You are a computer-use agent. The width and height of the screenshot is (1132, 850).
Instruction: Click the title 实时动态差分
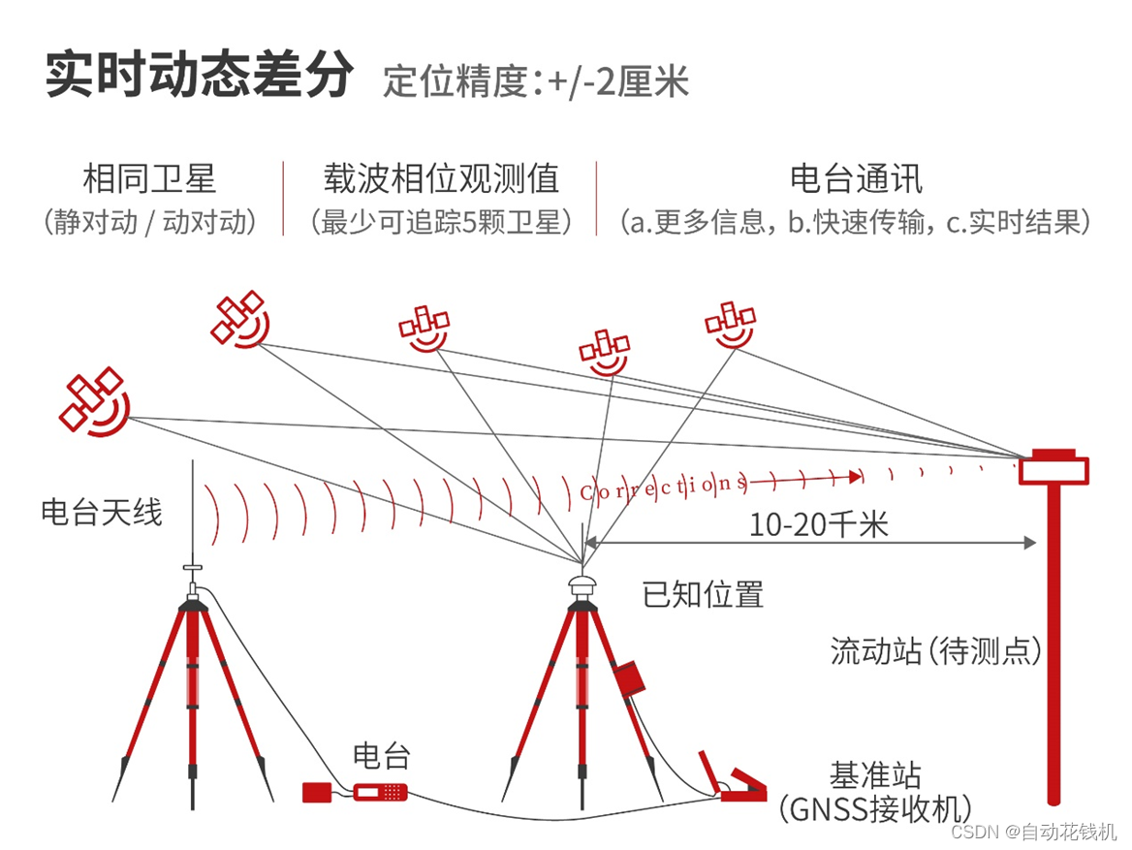[199, 76]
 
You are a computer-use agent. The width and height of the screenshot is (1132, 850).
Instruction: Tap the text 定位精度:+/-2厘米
[536, 80]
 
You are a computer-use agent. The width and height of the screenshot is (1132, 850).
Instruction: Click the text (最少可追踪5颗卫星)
[441, 223]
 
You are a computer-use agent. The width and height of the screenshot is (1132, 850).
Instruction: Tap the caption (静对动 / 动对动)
[149, 223]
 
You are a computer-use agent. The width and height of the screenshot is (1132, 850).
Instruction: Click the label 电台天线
[101, 511]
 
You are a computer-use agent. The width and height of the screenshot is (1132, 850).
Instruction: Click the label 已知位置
[703, 593]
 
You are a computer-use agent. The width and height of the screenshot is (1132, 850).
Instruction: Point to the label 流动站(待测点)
[935, 650]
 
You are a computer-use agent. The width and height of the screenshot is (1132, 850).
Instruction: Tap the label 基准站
[874, 774]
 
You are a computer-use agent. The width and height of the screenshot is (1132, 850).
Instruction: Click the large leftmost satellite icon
[93, 400]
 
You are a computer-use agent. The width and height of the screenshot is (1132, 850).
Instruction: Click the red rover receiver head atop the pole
[1053, 467]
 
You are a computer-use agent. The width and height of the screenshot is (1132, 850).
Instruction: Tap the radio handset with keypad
[380, 792]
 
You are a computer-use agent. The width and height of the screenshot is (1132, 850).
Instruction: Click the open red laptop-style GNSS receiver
[734, 781]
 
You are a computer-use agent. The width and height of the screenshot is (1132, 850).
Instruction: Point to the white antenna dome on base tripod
[582, 585]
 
